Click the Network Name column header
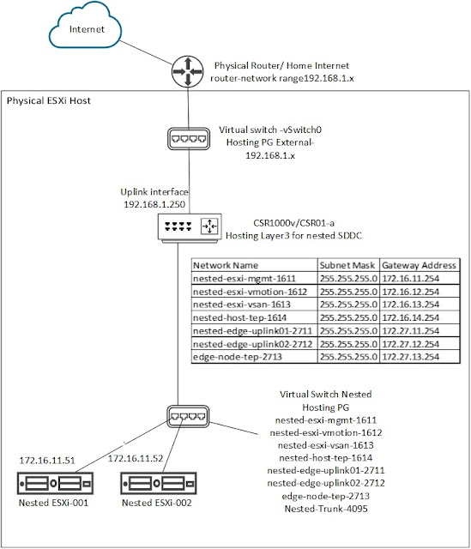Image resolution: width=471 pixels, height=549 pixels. point(226,266)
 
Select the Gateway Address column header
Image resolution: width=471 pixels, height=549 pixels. point(419,266)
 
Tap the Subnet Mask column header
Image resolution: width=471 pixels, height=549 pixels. point(347,266)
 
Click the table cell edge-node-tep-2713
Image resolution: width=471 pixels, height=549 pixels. point(238,355)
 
